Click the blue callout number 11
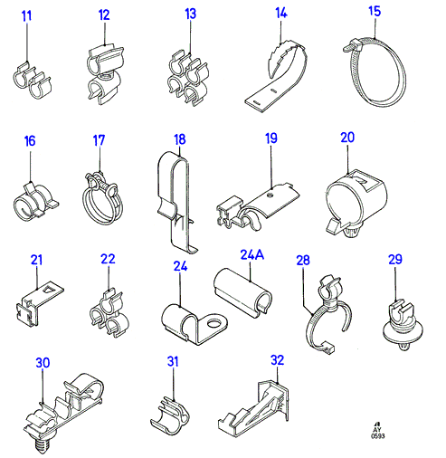click(26, 16)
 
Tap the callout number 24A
click(252, 254)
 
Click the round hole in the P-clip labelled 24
click(214, 324)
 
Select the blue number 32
click(277, 360)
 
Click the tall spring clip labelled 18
click(177, 202)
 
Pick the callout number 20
click(347, 138)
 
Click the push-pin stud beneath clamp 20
click(350, 232)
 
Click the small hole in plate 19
click(270, 196)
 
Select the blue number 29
click(395, 260)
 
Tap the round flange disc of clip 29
click(403, 332)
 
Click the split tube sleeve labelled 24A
click(243, 291)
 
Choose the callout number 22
click(108, 259)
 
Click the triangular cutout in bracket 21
click(48, 290)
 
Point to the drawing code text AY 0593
click(377, 433)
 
